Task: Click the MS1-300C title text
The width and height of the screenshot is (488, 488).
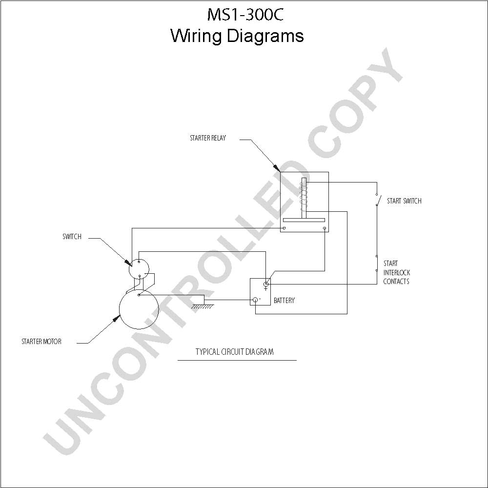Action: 245,15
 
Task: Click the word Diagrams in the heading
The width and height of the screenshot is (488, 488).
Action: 265,36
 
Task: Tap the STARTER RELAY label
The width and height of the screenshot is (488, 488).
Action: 208,138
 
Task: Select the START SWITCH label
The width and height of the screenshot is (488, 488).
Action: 404,201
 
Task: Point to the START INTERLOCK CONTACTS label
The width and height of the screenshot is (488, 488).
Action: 396,272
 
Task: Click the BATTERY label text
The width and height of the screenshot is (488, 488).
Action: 284,300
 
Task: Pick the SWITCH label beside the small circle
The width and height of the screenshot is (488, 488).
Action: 72,237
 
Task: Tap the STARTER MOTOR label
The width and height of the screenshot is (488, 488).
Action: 41,342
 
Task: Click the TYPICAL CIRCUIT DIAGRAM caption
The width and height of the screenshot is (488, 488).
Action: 234,352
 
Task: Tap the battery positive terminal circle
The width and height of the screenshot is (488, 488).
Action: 266,284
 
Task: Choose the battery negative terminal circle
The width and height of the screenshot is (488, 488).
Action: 255,300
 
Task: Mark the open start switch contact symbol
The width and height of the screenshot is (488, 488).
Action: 378,199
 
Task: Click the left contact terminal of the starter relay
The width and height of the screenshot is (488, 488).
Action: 284,228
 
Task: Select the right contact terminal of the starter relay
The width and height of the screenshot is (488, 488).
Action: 325,228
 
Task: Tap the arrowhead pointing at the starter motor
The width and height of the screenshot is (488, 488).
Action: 117,318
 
